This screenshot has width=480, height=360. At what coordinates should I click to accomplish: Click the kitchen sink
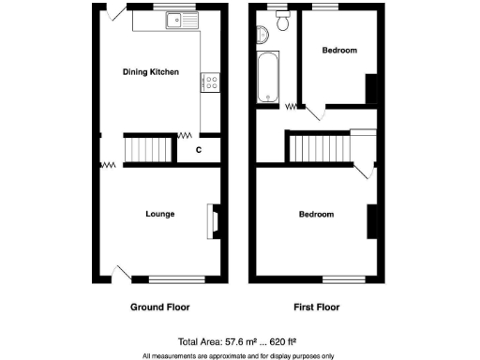tap(176, 19)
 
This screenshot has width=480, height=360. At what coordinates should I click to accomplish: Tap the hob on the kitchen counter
tap(210, 83)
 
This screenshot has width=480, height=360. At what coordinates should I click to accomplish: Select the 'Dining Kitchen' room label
tap(151, 71)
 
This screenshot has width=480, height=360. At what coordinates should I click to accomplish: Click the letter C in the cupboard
tap(199, 149)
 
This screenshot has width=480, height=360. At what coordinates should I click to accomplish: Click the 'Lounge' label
tap(159, 214)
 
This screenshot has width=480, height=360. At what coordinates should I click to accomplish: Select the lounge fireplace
tap(213, 221)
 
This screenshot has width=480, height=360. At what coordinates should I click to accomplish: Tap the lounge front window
tap(177, 278)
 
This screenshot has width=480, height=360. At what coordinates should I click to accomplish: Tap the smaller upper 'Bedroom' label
tap(339, 51)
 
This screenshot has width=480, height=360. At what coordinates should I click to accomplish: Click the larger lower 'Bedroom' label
tap(316, 215)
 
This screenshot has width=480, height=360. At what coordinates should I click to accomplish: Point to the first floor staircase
tap(318, 148)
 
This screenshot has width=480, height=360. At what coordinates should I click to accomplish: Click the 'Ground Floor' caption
tap(158, 307)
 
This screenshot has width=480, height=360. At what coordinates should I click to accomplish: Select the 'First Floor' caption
tap(316, 307)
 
